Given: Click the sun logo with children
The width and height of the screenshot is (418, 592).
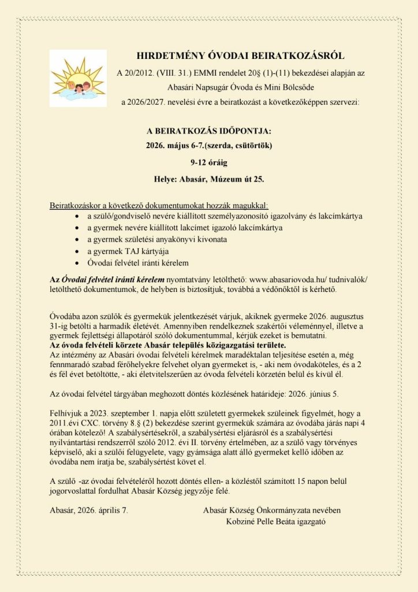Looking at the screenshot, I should pyautogui.click(x=78, y=78).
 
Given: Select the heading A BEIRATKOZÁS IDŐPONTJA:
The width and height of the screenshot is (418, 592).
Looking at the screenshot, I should pyautogui.click(x=208, y=131).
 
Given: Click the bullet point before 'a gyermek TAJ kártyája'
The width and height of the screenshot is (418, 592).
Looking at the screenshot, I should pyautogui.click(x=79, y=251).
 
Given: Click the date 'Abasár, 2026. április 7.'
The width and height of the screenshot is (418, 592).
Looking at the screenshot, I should pyautogui.click(x=89, y=510).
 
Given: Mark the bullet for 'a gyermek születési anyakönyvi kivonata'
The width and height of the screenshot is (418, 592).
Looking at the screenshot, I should pyautogui.click(x=79, y=239).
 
